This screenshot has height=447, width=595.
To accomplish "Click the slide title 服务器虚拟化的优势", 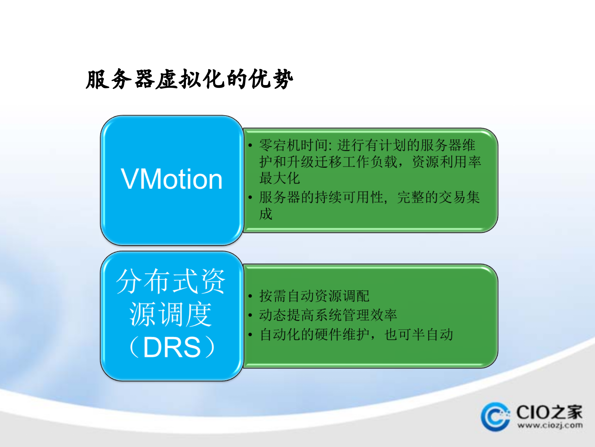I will (189, 79).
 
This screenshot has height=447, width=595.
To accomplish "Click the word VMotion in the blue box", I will (171, 179).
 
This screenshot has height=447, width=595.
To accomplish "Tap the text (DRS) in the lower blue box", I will (171, 347).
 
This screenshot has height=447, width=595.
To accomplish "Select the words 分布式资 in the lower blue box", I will (170, 281).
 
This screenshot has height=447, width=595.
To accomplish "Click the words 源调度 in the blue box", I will (170, 314).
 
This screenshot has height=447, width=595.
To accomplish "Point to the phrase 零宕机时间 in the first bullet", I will (294, 145).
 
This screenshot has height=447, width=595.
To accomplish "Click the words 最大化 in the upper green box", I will (279, 178).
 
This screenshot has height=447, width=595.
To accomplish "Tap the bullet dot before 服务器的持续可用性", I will (250, 197).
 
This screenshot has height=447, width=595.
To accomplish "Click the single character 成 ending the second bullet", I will (266, 214).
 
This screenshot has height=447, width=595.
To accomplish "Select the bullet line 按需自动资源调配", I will (314, 296).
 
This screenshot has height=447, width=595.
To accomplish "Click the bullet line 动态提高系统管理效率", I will (328, 315).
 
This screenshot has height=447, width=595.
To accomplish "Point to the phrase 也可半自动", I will (418, 335).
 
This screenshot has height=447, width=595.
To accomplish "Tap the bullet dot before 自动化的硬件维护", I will (250, 335).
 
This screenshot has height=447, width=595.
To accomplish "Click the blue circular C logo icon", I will (495, 417).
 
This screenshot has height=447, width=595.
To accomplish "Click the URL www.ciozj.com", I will (549, 425).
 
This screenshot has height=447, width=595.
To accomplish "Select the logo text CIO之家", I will (549, 412).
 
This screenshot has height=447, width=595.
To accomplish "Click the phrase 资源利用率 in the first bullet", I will (446, 162).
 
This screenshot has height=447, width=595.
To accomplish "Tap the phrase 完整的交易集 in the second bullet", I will (438, 197).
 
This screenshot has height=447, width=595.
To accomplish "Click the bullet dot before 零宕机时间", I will (250, 145).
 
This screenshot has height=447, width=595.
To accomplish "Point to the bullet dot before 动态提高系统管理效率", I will (250, 315).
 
